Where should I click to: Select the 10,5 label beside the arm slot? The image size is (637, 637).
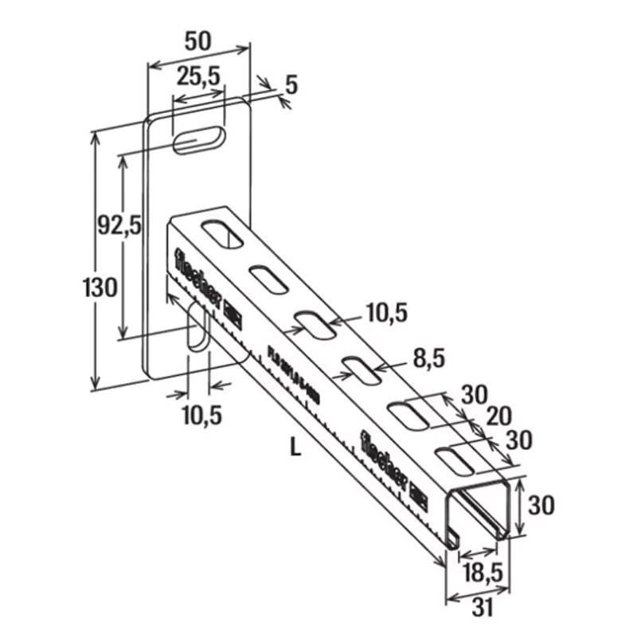pos(385,314)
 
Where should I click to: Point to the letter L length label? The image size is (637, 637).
pos(295,449)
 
